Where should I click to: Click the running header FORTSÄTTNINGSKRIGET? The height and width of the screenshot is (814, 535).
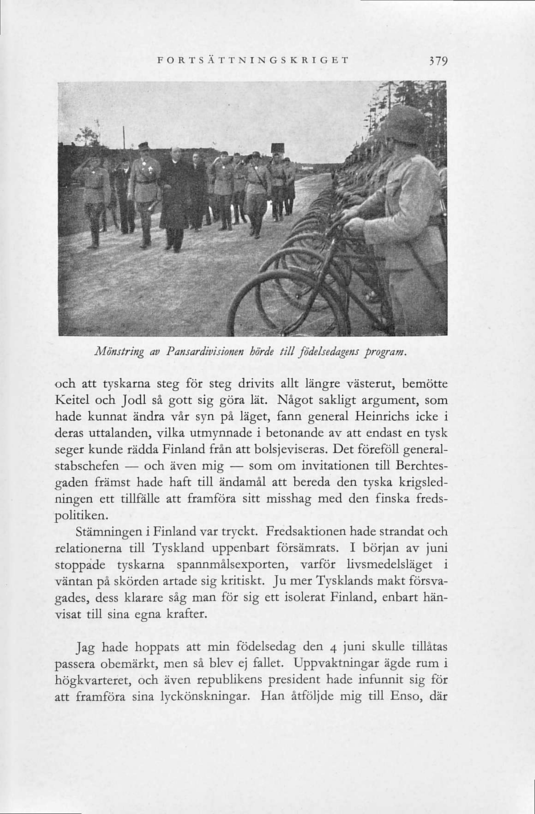coord(253,61)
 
